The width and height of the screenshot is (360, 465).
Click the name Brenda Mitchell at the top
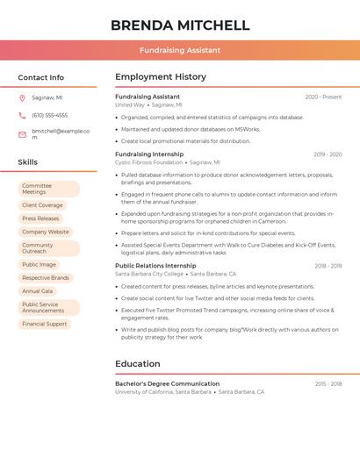click(x=180, y=25)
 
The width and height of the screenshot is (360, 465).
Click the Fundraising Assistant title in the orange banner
click(x=180, y=50)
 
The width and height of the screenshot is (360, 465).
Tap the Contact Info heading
click(x=41, y=77)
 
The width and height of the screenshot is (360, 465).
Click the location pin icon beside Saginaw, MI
click(x=22, y=97)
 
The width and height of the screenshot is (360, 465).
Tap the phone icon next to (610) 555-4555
click(x=22, y=115)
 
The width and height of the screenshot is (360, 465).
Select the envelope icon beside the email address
click(x=22, y=134)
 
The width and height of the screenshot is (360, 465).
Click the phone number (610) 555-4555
click(x=49, y=115)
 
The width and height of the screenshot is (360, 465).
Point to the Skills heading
click(x=28, y=162)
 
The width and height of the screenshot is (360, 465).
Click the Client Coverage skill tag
click(x=42, y=205)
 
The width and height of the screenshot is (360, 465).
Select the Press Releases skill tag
click(x=40, y=218)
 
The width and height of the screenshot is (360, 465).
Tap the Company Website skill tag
click(x=45, y=232)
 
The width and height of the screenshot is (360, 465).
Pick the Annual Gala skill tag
click(x=38, y=290)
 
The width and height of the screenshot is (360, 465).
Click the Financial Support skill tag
click(x=44, y=324)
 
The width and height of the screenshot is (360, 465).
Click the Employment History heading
click(x=161, y=77)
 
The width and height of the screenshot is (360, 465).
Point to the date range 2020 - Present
click(x=323, y=97)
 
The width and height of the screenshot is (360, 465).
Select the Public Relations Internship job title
click(x=155, y=265)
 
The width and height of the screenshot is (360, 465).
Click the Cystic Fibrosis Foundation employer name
click(x=149, y=162)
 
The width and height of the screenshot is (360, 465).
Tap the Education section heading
click(x=138, y=363)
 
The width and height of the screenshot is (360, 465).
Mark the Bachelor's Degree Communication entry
click(x=167, y=383)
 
